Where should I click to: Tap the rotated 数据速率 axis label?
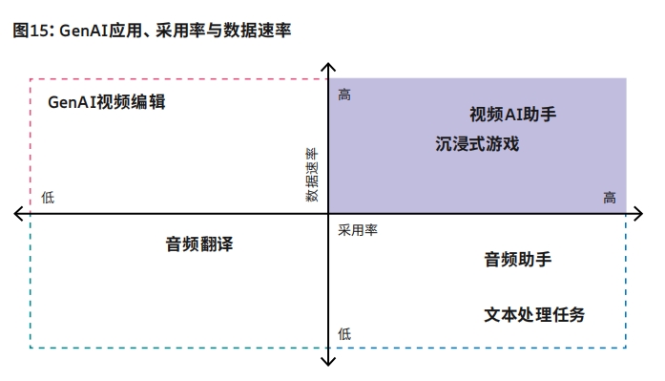point(312,174)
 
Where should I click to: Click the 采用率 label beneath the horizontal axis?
point(358,229)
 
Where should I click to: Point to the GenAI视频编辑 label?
point(107,102)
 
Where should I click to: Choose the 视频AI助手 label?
point(512,115)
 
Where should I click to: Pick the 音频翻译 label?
point(198,243)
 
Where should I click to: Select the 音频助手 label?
point(517,259)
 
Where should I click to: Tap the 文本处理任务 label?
point(534,314)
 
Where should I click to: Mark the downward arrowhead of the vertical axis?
point(328,361)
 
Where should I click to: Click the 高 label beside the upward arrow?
point(344,95)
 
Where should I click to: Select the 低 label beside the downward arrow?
point(344,333)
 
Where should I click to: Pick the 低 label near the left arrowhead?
point(49,198)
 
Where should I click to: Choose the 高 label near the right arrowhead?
point(610,198)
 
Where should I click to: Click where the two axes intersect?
point(328,213)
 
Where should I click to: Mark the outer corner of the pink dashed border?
point(31,79)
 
